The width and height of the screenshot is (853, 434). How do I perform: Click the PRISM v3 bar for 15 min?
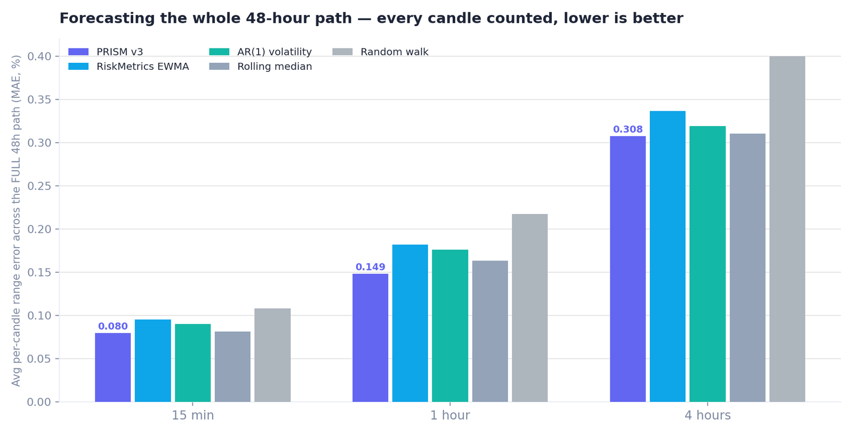[x=112, y=367]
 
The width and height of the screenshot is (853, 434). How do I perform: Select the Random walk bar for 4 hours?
[x=787, y=229]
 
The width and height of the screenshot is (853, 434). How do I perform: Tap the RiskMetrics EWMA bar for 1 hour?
[x=410, y=323]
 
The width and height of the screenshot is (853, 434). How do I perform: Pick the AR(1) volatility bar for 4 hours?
[x=707, y=264]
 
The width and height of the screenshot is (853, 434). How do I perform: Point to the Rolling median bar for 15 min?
[x=232, y=367]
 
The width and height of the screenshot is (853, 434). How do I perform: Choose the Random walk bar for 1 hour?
[x=530, y=308]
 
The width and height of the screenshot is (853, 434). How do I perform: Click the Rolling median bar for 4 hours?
[x=747, y=268]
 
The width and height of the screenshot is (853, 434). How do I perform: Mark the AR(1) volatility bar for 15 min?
[x=192, y=363]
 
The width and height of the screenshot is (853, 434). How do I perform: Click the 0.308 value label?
[x=627, y=129]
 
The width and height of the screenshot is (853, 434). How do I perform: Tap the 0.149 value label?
[x=370, y=267]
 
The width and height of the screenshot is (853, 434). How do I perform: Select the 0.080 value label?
[x=112, y=326]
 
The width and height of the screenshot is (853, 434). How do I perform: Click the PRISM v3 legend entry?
[x=106, y=52]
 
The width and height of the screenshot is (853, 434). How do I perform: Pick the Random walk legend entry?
[x=381, y=52]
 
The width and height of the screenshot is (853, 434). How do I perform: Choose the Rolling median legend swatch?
[x=219, y=67]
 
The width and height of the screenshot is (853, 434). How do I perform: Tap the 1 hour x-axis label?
[x=450, y=415]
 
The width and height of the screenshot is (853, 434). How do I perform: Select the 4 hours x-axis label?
[x=707, y=415]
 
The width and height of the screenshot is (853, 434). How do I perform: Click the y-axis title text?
[x=15, y=221]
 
